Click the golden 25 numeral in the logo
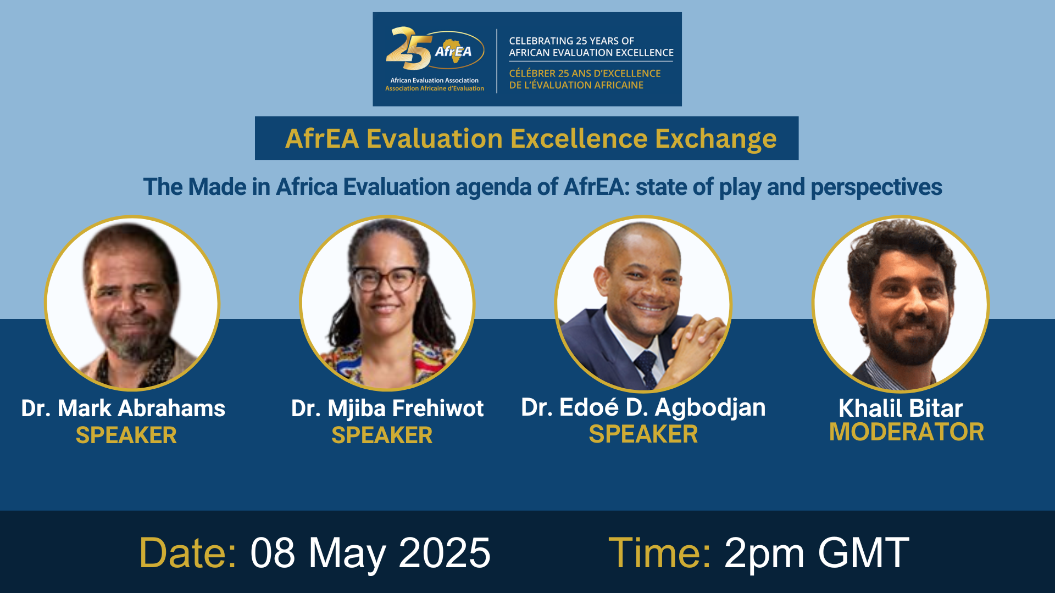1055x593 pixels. click(x=408, y=49)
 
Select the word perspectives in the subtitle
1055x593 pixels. click(x=876, y=187)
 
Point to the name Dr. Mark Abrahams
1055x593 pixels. click(x=123, y=409)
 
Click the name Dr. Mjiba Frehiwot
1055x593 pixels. click(x=387, y=409)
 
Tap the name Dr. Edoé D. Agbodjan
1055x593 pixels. click(x=643, y=407)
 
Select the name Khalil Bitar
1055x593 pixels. click(x=901, y=409)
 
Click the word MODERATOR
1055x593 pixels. click(x=907, y=432)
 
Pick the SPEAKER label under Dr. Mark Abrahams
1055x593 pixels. click(x=126, y=435)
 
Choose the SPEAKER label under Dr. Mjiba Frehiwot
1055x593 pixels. click(x=382, y=435)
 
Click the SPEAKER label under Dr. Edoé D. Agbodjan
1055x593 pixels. click(x=643, y=434)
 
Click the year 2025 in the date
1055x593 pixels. click(x=444, y=552)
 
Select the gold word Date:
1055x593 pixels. click(x=188, y=552)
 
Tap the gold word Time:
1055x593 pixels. click(x=659, y=552)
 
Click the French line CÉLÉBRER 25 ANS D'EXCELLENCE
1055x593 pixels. click(x=585, y=74)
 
